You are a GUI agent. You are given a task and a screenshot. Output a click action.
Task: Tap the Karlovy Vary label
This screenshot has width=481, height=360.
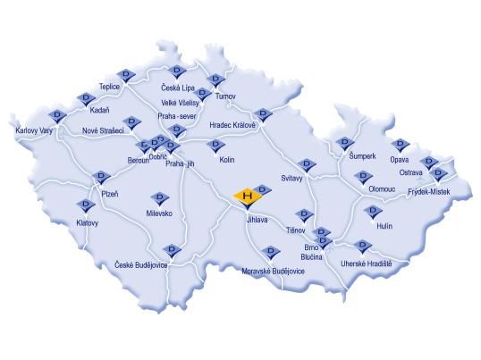[35, 131]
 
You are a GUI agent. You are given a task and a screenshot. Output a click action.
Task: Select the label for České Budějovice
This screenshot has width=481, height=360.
[141, 264]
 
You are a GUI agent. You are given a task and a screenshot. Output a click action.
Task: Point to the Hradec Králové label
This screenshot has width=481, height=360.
[232, 125]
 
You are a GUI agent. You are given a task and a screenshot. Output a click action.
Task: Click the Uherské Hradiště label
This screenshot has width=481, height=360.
[367, 263]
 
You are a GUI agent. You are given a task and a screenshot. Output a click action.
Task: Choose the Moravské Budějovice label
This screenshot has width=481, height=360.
[274, 270]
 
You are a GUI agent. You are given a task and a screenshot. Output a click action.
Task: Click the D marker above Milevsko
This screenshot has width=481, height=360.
[161, 197]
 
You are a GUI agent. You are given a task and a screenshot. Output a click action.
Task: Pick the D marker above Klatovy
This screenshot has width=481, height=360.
[88, 205]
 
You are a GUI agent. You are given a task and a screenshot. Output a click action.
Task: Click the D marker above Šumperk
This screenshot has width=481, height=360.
[345, 142]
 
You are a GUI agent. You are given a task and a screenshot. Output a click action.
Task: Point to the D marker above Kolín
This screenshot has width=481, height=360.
[215, 145]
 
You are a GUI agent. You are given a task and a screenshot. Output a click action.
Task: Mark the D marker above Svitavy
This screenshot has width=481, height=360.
[308, 164]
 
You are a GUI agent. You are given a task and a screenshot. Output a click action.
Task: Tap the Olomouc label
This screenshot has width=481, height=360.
[380, 189]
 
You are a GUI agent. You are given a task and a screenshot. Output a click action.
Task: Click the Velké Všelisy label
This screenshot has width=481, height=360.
[179, 103]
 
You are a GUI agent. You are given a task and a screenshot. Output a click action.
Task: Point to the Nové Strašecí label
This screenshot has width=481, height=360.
[102, 131]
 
